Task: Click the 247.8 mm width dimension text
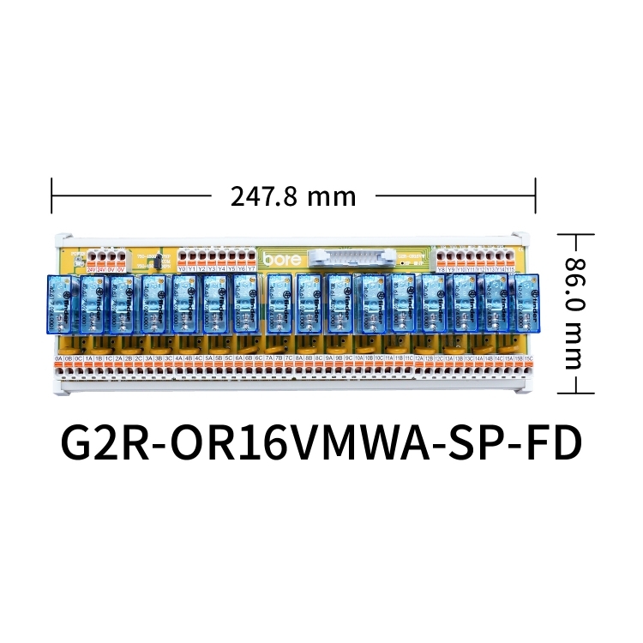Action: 293,196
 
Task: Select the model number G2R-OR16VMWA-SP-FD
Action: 321,443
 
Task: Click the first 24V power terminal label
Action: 91,269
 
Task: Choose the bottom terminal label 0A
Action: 58,358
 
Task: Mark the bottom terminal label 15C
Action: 529,358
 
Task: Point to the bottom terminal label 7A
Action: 267,358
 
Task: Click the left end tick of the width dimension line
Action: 52,196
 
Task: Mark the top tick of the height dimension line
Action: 578,232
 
